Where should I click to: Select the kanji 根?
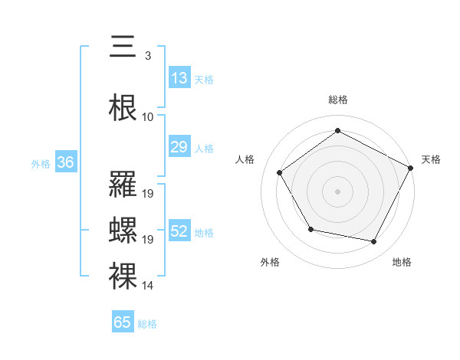[x=123, y=107]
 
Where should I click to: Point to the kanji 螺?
[x=123, y=230]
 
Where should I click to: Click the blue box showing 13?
[x=179, y=78]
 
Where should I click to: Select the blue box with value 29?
[x=179, y=147]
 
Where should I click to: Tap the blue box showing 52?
[x=179, y=231]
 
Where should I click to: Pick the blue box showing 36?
[x=65, y=162]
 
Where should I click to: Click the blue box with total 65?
[x=123, y=322]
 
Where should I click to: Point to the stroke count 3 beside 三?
[x=147, y=56]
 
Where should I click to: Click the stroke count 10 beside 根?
[x=148, y=117]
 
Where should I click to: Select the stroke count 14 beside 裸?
[x=148, y=286]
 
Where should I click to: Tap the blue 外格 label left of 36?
[x=41, y=163]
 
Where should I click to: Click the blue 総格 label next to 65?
[x=148, y=324]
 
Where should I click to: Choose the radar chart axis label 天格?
[x=431, y=159]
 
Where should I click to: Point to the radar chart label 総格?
[x=337, y=100]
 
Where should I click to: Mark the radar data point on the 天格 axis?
[x=411, y=168]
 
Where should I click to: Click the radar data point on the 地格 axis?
[x=374, y=242]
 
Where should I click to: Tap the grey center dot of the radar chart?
[x=337, y=191]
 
